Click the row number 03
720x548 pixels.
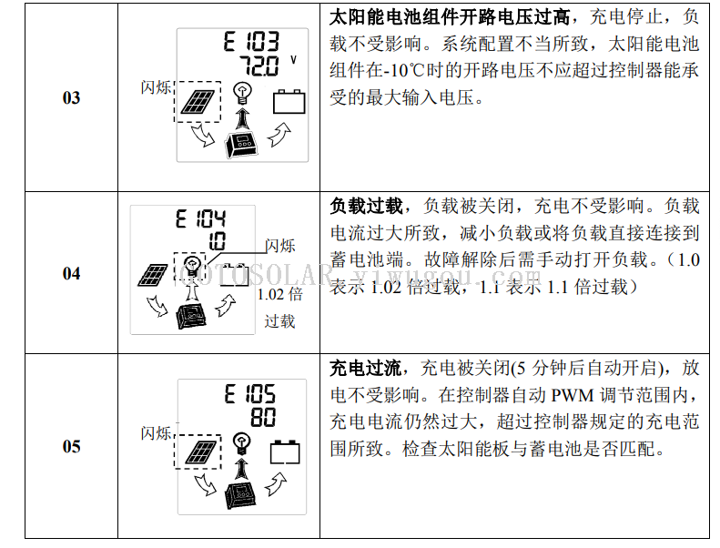pyautogui.click(x=71, y=97)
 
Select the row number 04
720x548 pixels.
pyautogui.click(x=71, y=274)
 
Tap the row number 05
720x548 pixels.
pyautogui.click(x=71, y=446)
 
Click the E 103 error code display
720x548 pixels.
pyautogui.click(x=251, y=41)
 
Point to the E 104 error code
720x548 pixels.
pyautogui.click(x=200, y=218)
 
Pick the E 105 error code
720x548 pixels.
pyautogui.click(x=250, y=394)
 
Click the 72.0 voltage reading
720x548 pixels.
pyautogui.click(x=259, y=66)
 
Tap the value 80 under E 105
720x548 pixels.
pyautogui.click(x=263, y=417)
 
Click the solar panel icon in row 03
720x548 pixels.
pyautogui.click(x=198, y=102)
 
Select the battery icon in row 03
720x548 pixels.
pyautogui.click(x=289, y=102)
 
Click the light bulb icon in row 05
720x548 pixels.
pyautogui.click(x=241, y=442)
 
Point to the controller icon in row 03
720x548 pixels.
pyautogui.click(x=241, y=145)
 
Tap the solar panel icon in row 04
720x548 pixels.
pyautogui.click(x=153, y=275)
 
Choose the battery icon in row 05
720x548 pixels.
pyautogui.click(x=285, y=452)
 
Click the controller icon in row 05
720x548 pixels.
pyautogui.click(x=240, y=495)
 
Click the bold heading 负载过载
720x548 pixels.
pyautogui.click(x=367, y=206)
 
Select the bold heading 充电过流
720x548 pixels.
pyautogui.click(x=366, y=368)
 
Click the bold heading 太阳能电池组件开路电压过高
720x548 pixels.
pyautogui.click(x=450, y=17)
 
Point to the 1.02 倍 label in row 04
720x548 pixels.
pyautogui.click(x=280, y=294)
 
